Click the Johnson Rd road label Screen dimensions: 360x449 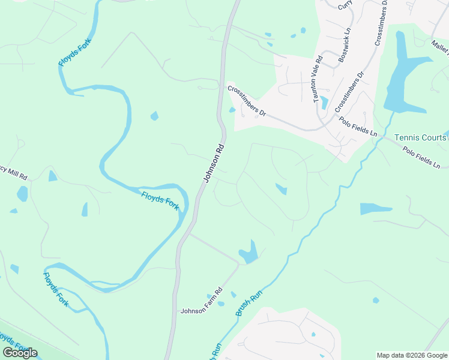214,163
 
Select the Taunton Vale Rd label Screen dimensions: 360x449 319,79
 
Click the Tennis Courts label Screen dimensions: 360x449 421,138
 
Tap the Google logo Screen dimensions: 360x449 20,353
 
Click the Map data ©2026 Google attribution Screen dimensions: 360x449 412,355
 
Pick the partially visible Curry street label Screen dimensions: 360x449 344,5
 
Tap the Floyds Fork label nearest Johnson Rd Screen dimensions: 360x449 160,200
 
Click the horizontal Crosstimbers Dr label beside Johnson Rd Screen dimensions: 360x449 246,100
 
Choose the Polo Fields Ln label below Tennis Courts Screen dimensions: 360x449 425,157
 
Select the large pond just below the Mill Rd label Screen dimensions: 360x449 22,194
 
